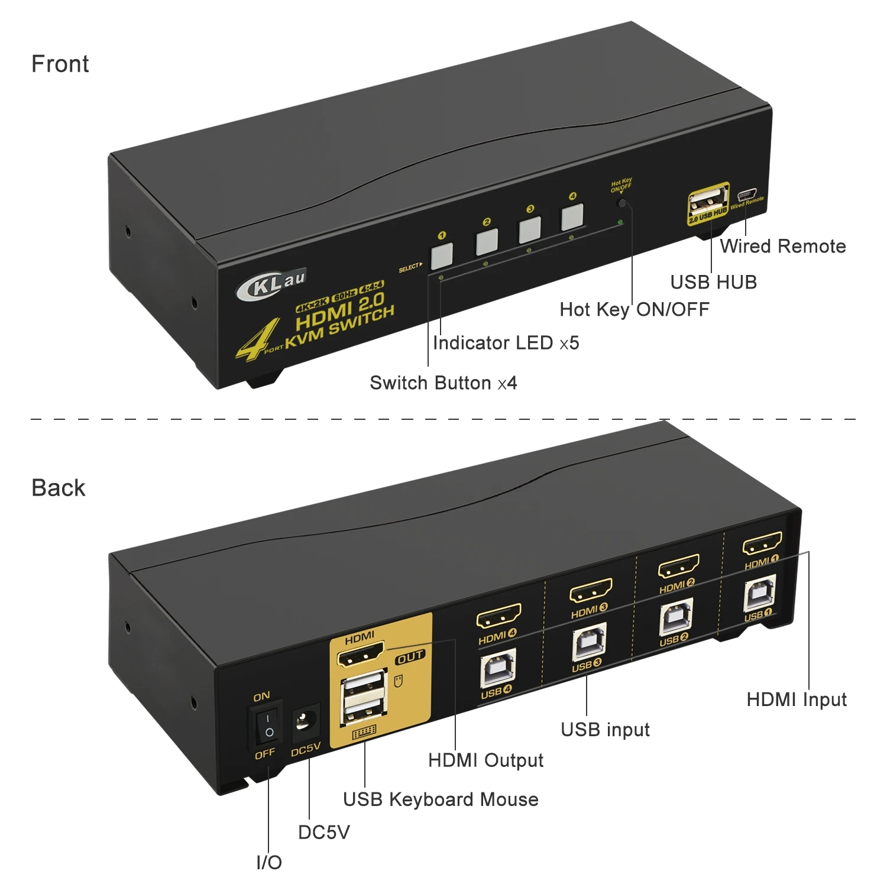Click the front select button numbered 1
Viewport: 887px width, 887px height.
(x=442, y=255)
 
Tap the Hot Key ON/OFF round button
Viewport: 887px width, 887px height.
(x=621, y=203)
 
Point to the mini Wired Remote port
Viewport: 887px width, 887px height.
(x=747, y=193)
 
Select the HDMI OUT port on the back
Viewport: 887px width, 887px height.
(x=360, y=655)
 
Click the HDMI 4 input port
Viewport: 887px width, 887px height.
(x=498, y=616)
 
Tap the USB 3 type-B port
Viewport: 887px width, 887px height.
(x=588, y=643)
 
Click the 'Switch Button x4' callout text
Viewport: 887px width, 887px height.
(x=444, y=383)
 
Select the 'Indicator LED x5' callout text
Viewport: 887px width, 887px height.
(x=506, y=343)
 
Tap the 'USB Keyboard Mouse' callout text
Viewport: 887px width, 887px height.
(x=441, y=799)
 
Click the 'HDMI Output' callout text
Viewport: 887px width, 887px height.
(x=485, y=760)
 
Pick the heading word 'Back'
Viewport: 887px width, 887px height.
(x=59, y=488)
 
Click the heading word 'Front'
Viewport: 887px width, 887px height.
(x=60, y=64)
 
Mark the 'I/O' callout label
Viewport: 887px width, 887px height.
(x=269, y=863)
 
